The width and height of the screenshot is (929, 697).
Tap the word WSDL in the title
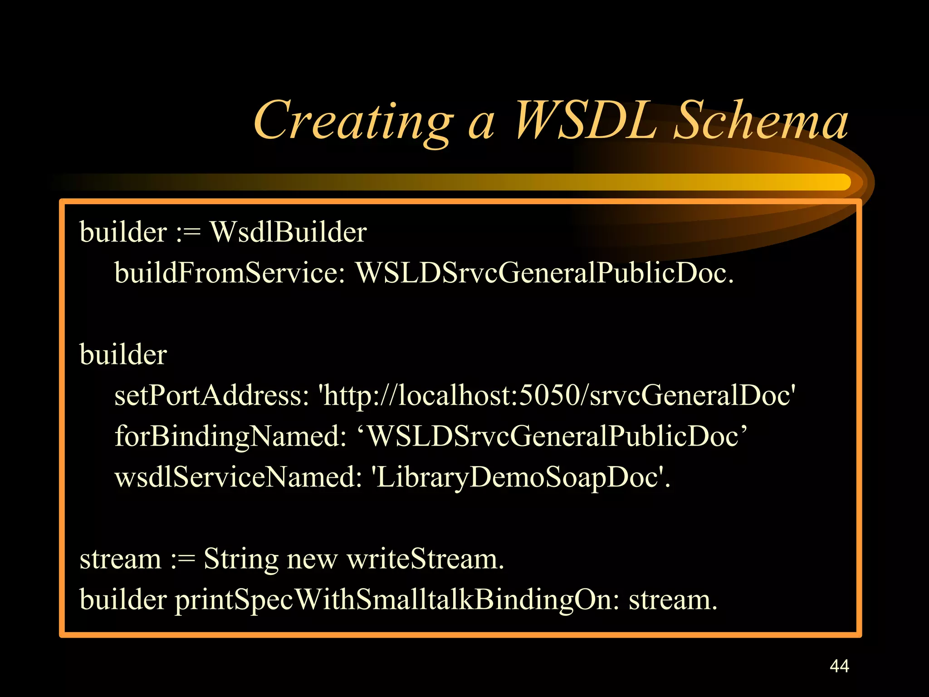coord(586,120)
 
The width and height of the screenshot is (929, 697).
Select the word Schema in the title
coord(760,120)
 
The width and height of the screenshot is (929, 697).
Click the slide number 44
coord(839,666)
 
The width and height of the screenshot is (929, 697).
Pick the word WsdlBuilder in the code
coord(288,232)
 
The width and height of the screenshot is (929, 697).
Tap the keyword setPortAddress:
coord(211,395)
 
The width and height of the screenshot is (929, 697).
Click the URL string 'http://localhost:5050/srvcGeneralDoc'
coord(557,395)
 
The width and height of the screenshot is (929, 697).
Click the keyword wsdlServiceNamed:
coord(238,477)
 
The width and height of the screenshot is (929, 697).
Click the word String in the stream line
coord(241,559)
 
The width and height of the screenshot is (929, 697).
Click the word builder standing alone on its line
coord(123,354)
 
